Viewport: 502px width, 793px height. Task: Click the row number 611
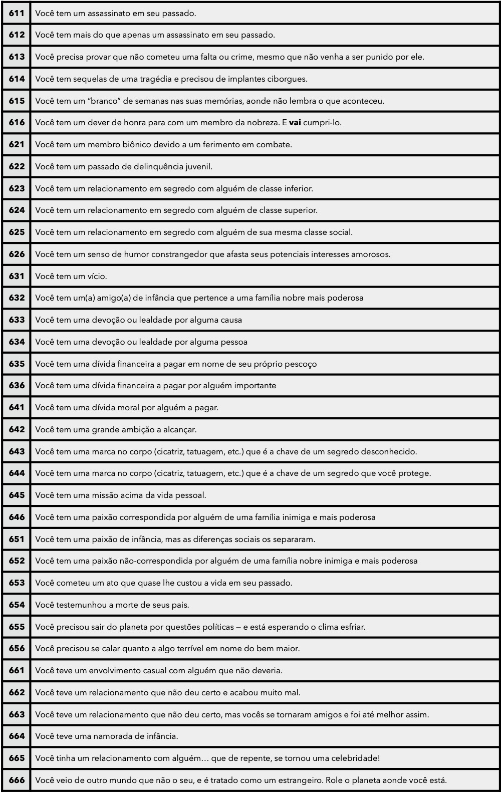17,13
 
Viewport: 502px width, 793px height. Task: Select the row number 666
17,780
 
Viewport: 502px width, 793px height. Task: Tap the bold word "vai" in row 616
295,123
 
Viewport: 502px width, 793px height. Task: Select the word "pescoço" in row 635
301,364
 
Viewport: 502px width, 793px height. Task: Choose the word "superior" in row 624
300,210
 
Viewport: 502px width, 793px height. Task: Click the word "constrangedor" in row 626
180,254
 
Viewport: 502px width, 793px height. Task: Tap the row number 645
17,495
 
